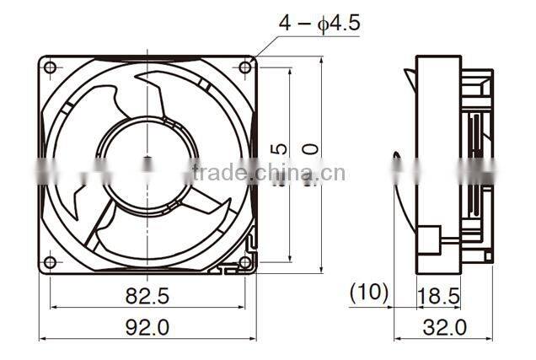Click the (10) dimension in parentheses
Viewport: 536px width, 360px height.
point(369,293)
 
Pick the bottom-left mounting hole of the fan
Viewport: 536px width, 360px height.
point(50,262)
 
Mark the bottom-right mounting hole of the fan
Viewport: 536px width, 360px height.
point(245,262)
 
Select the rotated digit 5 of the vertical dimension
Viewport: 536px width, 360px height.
point(281,149)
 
